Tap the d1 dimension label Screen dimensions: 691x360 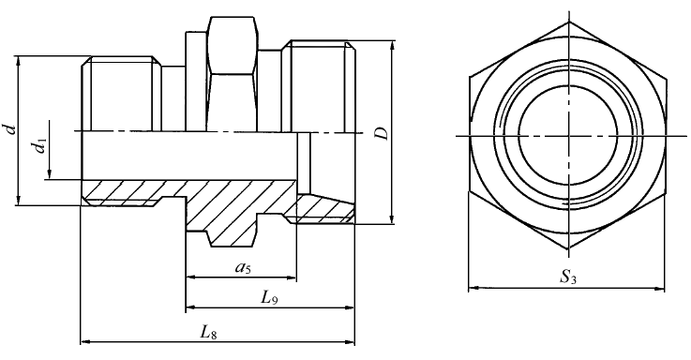[41, 145]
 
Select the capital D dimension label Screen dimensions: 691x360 [383, 133]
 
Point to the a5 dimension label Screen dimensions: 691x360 [242, 267]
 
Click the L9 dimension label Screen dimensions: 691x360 [269, 298]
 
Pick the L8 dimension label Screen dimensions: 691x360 [208, 332]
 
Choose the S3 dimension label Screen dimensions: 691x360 [568, 277]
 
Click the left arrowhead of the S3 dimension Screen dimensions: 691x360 [473, 288]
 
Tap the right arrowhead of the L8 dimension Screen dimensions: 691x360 [350, 341]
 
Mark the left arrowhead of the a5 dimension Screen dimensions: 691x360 [191, 277]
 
